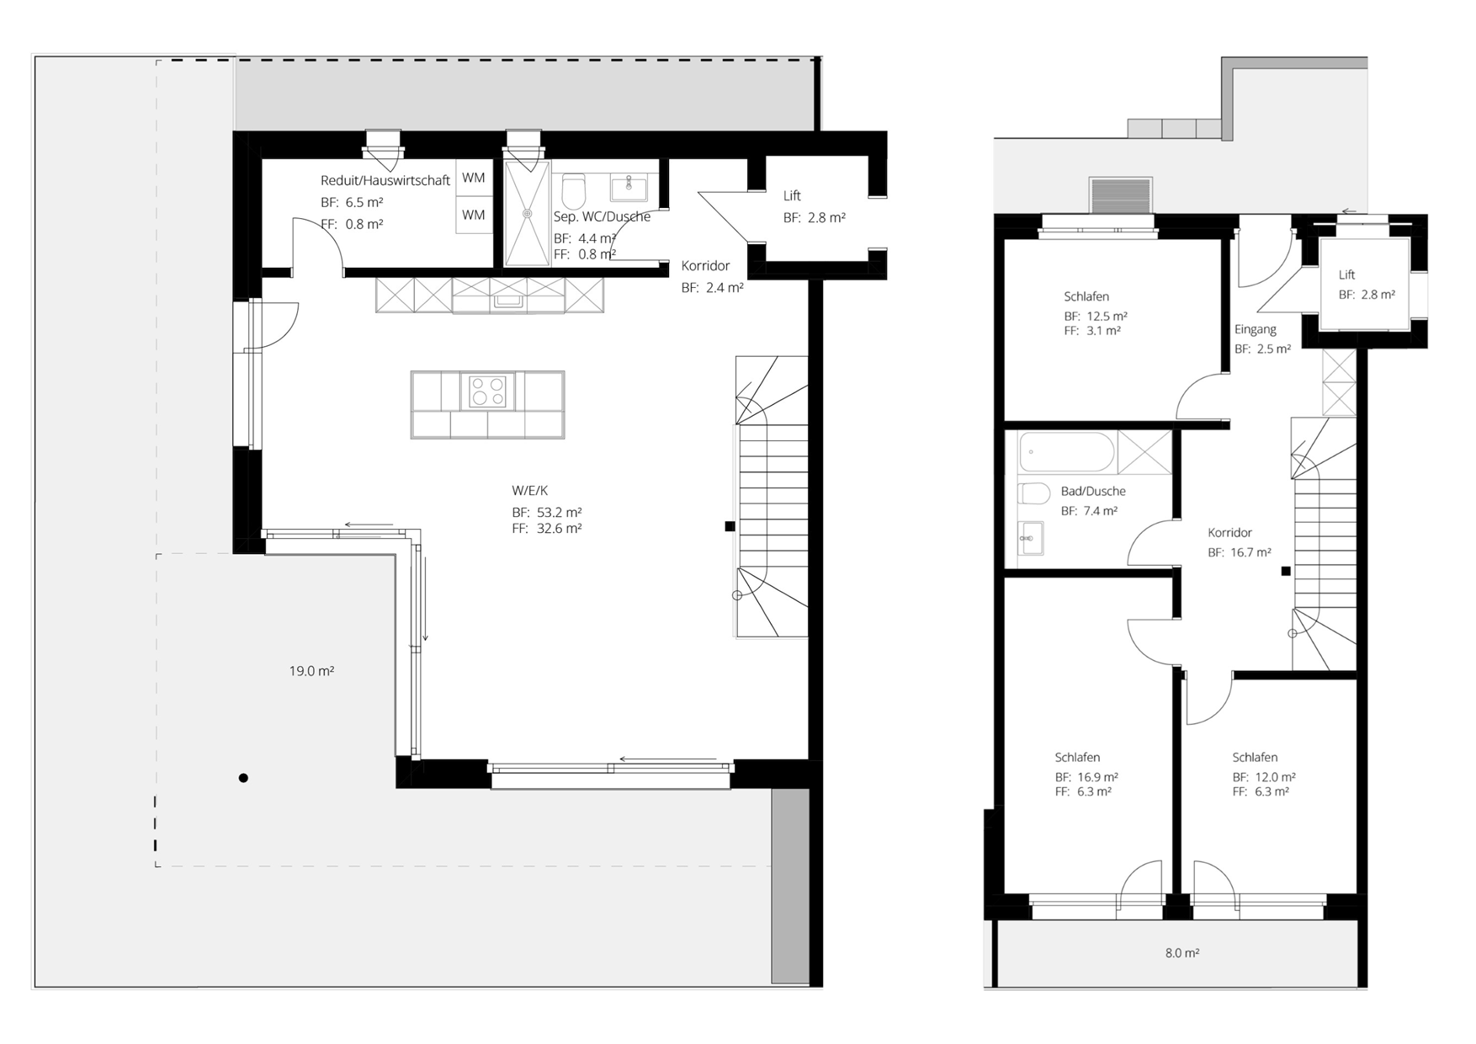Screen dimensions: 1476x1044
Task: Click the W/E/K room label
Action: (x=529, y=491)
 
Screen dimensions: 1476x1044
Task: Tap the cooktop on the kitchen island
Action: (x=487, y=391)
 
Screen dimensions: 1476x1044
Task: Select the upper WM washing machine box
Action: (x=474, y=178)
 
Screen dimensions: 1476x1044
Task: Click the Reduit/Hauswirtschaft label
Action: (x=385, y=180)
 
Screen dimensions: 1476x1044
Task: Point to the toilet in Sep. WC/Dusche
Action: (x=573, y=191)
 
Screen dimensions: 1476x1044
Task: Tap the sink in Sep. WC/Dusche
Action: (x=629, y=188)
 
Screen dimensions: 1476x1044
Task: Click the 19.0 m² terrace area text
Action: (x=311, y=671)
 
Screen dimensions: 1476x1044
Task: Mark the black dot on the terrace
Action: (x=243, y=778)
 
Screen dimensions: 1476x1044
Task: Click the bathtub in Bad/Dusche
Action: (x=1066, y=452)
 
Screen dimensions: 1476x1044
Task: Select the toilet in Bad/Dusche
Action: (x=1033, y=493)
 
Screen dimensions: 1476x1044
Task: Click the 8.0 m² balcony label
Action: (x=1182, y=953)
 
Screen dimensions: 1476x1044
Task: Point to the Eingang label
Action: (x=1256, y=329)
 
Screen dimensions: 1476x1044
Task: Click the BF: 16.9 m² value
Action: (x=1086, y=777)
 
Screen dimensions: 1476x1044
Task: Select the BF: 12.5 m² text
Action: (x=1096, y=317)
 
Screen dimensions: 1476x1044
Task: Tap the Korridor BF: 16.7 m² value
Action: (x=1240, y=552)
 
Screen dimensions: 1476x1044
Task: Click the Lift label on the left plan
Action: (x=792, y=196)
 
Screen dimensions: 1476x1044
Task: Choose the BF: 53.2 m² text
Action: (x=547, y=512)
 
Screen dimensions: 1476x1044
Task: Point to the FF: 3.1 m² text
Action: (x=1092, y=331)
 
